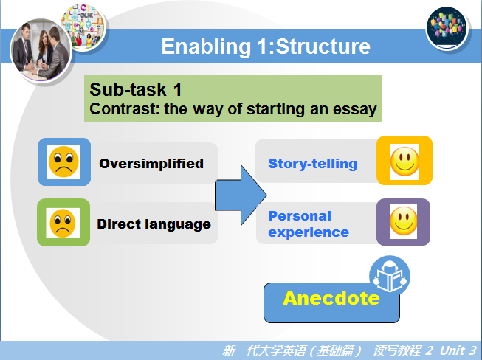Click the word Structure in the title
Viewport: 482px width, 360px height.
tap(323, 46)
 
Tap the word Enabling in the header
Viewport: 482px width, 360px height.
tap(206, 47)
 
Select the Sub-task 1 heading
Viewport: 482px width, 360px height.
tap(136, 90)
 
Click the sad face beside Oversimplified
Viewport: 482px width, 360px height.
tap(63, 162)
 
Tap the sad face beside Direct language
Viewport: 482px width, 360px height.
tap(63, 223)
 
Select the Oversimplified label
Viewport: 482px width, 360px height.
tap(151, 164)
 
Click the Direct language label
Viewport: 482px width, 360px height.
tap(154, 224)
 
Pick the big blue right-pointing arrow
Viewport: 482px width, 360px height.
tap(241, 195)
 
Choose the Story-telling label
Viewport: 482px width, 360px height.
tap(313, 164)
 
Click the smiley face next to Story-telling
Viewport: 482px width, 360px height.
tap(404, 162)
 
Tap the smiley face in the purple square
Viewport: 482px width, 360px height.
tap(403, 221)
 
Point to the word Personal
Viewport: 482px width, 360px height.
tap(300, 216)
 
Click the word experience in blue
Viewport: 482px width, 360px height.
tap(309, 232)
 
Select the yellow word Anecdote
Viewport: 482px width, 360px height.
tap(331, 298)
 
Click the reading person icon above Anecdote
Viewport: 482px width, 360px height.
tap(390, 275)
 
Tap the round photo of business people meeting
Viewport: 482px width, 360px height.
tap(41, 50)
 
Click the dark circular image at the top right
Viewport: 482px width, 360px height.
tap(447, 28)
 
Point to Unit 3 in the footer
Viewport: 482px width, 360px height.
tap(458, 350)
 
